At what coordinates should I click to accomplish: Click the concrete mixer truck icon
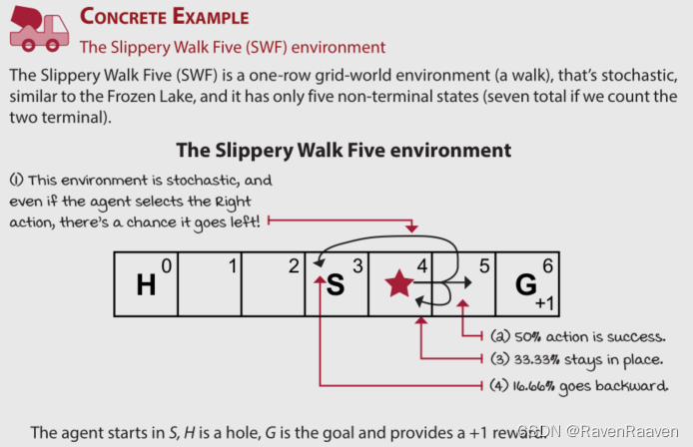pos(37,29)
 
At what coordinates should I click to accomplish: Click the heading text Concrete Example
pos(165,17)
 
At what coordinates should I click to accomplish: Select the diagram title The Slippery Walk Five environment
pos(344,150)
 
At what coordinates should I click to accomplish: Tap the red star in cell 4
pos(398,284)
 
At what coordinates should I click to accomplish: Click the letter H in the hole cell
pos(146,285)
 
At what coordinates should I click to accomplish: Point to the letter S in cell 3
pos(336,285)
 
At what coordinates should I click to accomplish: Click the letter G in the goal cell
pos(524,284)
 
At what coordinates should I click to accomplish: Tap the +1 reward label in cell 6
pos(544,303)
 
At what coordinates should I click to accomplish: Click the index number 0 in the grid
pos(167,265)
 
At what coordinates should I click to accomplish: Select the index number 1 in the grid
pos(232,265)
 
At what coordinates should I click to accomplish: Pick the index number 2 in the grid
pos(294,265)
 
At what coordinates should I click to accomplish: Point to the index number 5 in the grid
pos(483,265)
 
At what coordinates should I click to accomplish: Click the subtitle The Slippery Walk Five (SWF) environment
pos(232,47)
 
